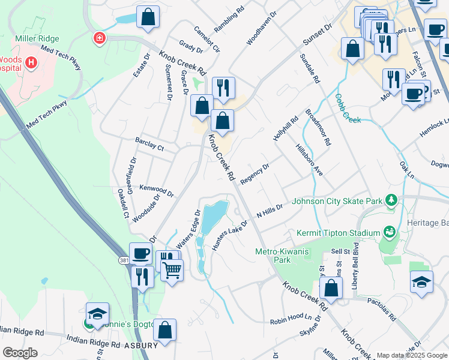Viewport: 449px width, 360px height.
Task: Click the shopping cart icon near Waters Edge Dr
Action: point(172,270)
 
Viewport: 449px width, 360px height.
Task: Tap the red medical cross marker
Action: point(98,38)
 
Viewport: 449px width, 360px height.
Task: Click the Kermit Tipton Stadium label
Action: point(339,233)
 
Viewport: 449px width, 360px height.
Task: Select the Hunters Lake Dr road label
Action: point(229,235)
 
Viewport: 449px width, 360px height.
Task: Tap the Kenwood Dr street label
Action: point(156,191)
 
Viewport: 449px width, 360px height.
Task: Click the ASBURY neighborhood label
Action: point(142,345)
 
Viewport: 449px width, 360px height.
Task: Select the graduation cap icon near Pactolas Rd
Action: point(422,281)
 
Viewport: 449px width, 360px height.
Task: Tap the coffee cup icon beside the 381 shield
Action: point(140,253)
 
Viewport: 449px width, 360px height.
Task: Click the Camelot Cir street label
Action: point(208,39)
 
